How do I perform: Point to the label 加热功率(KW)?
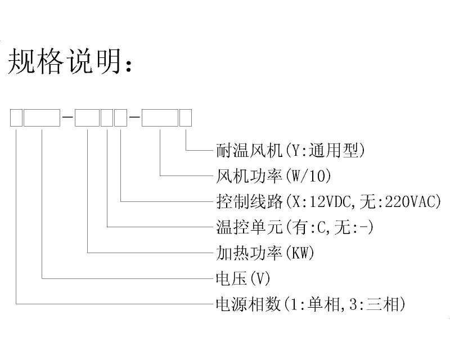[265, 253]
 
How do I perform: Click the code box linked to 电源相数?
[16, 118]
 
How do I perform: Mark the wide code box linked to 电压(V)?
[42, 118]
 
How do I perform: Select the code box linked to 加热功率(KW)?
[87, 118]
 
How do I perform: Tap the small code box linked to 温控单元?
[106, 118]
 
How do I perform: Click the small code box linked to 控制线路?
[120, 118]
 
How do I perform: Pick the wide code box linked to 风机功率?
[160, 118]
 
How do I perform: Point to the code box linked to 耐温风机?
[186, 118]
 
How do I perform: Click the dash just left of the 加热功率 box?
[67, 118]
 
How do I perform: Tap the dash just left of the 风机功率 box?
[134, 118]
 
